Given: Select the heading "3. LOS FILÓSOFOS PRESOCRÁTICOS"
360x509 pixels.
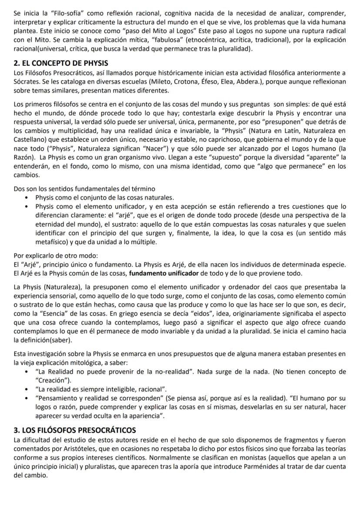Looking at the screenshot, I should (x=75, y=430).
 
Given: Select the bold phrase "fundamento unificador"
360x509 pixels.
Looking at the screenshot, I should (x=165, y=273).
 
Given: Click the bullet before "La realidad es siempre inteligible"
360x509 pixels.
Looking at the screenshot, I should (x=27, y=388).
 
